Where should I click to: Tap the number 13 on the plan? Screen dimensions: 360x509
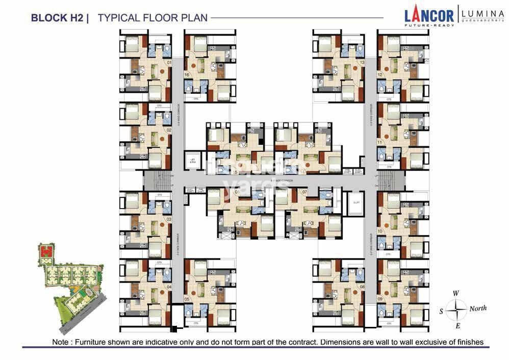[362, 63]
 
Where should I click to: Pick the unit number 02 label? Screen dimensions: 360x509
[168, 130]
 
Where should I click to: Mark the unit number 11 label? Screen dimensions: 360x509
[379, 142]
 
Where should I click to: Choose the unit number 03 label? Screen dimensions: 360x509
[168, 219]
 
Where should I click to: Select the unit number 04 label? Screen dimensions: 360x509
[168, 287]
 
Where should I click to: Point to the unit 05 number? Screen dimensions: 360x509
[187, 299]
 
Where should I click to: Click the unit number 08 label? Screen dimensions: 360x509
[362, 287]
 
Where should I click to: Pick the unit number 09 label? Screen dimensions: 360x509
[380, 299]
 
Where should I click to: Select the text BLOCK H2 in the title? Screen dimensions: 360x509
[56, 18]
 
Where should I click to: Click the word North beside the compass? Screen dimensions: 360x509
[477, 308]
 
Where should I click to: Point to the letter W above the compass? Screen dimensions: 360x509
[456, 293]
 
